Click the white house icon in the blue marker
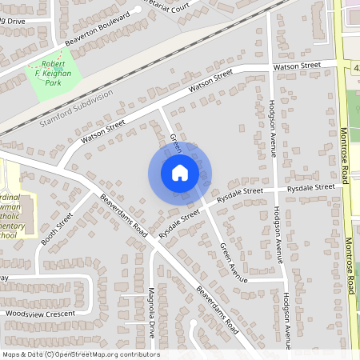click(x=179, y=172)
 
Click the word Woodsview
click(x=23, y=314)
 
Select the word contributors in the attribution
click(x=136, y=354)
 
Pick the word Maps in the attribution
click(x=10, y=354)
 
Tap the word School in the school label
click(x=7, y=236)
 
